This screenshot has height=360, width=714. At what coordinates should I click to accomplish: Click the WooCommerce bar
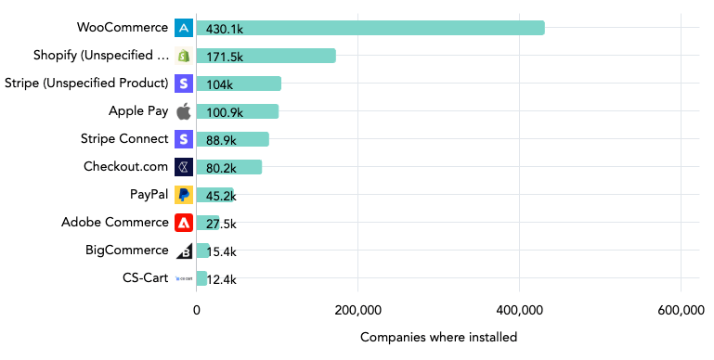[x=371, y=28]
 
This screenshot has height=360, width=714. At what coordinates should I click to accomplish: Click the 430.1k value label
[x=225, y=29]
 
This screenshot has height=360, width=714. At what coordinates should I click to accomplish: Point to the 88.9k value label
[x=222, y=140]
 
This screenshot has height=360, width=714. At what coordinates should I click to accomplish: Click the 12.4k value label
[x=221, y=279]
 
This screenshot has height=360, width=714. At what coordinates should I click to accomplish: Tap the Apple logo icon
[x=184, y=111]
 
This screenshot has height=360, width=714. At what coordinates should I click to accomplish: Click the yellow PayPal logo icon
[x=184, y=195]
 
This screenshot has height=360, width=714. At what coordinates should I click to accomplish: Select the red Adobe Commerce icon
[x=184, y=223]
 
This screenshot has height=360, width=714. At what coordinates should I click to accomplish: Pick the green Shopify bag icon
[x=184, y=56]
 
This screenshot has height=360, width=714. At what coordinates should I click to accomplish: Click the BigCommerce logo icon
[x=184, y=251]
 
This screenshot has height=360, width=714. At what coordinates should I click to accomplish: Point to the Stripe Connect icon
[x=184, y=139]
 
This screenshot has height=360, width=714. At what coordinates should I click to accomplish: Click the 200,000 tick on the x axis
[x=358, y=310]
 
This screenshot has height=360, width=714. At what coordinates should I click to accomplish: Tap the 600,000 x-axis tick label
[x=682, y=310]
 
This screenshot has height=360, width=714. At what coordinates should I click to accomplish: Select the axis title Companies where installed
[x=438, y=337]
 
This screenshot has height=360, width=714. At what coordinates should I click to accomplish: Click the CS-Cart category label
[x=145, y=277]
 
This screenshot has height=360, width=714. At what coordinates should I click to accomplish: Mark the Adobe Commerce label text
[x=115, y=222]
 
